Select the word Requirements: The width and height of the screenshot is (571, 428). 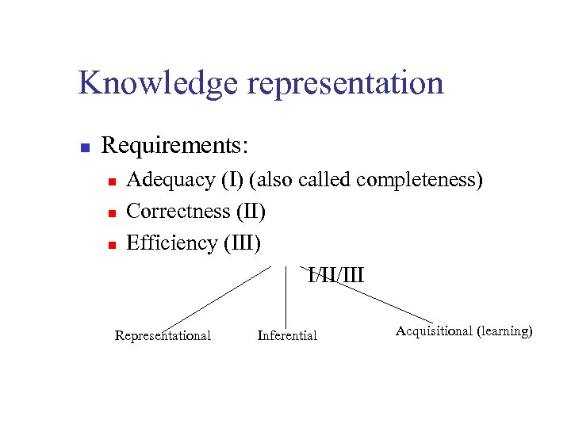pos(175,146)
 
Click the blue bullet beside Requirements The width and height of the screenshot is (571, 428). pos(85,147)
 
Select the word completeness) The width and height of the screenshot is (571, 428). pos(420,181)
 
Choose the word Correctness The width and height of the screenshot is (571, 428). pos(178,212)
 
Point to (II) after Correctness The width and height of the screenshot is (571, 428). pos(251,212)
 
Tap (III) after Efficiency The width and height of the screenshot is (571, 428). pos(242,243)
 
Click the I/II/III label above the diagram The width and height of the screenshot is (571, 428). pos(336,276)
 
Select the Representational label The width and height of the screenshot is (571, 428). pos(163,336)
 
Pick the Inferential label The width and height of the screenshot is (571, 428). pos(287,336)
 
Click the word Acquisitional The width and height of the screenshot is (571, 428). pos(434,331)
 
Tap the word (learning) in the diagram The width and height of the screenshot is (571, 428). pos(504,331)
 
